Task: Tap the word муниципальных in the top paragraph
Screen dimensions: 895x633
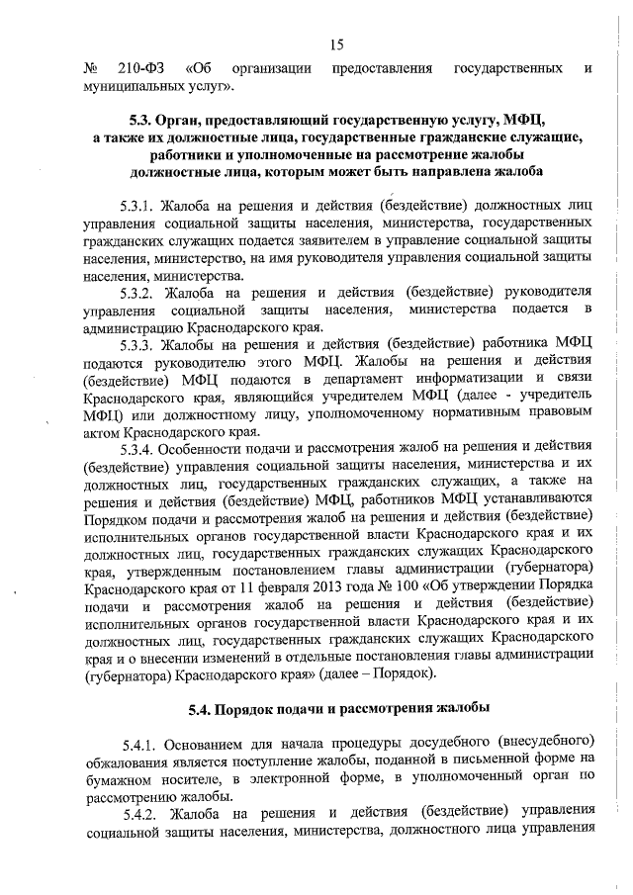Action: (x=134, y=87)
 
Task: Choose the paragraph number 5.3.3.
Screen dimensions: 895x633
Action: (x=139, y=343)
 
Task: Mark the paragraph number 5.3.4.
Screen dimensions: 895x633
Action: (x=139, y=446)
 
